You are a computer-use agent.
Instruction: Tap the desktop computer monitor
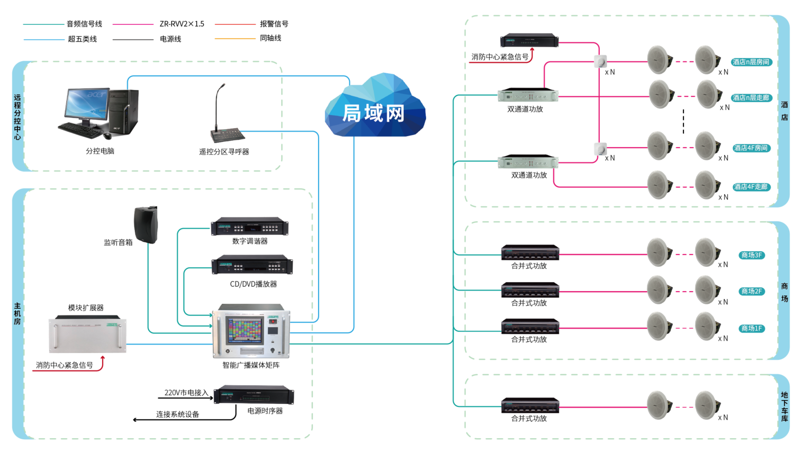[x=86, y=103]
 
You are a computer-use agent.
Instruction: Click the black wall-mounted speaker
[x=146, y=224]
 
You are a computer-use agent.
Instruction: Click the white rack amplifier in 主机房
[x=88, y=334]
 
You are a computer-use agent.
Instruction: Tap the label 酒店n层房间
[x=751, y=62]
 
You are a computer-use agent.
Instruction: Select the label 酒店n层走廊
[x=751, y=98]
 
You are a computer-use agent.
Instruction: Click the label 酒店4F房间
[x=751, y=148]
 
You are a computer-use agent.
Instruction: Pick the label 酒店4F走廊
[x=751, y=187]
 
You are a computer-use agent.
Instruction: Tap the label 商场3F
[x=751, y=256]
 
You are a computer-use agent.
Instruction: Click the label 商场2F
[x=751, y=292]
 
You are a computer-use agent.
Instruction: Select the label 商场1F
[x=751, y=329]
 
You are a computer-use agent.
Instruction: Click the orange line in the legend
[x=235, y=39]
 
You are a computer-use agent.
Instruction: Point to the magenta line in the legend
[x=133, y=24]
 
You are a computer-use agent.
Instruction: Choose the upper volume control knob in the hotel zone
[x=600, y=61]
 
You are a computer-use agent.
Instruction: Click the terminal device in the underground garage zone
[x=530, y=405]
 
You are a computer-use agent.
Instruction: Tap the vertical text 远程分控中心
[x=17, y=117]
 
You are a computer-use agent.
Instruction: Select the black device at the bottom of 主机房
[x=254, y=395]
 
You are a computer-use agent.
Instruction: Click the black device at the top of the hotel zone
[x=529, y=41]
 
